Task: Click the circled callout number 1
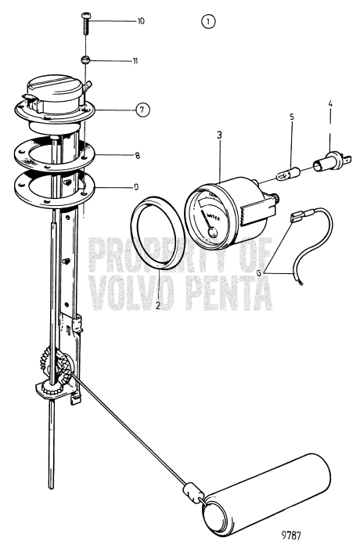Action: [207, 22]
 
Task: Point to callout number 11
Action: [135, 60]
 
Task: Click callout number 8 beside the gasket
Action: [138, 156]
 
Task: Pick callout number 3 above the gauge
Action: [221, 136]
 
